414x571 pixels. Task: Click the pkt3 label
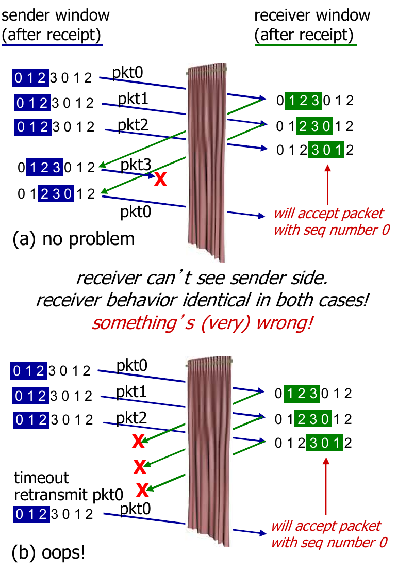[136, 166]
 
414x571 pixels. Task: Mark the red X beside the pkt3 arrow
[161, 179]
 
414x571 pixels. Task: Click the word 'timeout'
[41, 478]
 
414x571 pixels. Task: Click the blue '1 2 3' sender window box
[45, 167]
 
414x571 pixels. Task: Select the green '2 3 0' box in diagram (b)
[312, 418]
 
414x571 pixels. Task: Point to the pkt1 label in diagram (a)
[133, 98]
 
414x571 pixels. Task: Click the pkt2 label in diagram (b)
[131, 418]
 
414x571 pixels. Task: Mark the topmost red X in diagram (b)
[138, 441]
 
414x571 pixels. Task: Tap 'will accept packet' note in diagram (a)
[328, 214]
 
